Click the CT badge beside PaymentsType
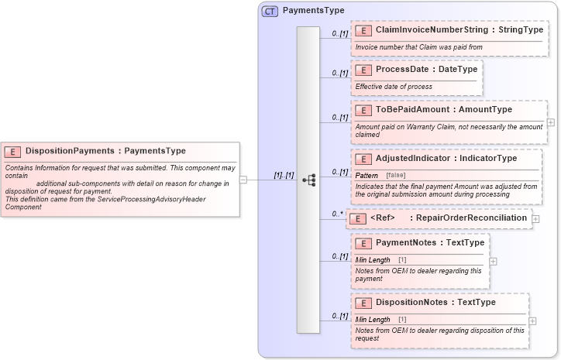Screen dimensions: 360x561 [x=270, y=11]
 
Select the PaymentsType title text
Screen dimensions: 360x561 [x=313, y=11]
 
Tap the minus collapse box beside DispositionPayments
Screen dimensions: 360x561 [x=243, y=180]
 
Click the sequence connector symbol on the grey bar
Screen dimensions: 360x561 [x=308, y=180]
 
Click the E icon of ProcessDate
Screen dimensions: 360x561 [x=363, y=70]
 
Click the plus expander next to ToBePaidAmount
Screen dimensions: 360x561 [x=551, y=122]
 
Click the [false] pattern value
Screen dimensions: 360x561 [x=396, y=176]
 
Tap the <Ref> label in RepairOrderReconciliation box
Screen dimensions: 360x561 [x=383, y=218]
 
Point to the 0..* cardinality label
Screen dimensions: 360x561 [x=337, y=214]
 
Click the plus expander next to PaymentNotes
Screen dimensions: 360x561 [x=494, y=261]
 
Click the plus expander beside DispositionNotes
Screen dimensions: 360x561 [x=532, y=321]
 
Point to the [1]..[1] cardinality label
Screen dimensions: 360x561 [x=284, y=175]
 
